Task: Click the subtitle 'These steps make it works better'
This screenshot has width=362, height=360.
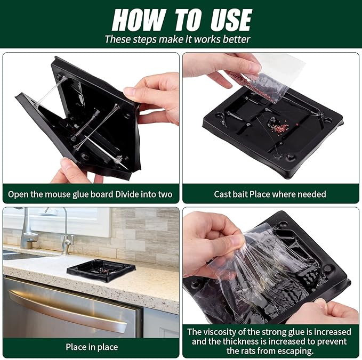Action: point(177,39)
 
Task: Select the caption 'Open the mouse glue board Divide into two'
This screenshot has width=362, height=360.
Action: point(91,194)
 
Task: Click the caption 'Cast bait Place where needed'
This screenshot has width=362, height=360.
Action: point(270,194)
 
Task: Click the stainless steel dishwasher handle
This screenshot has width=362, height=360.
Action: point(64,311)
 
